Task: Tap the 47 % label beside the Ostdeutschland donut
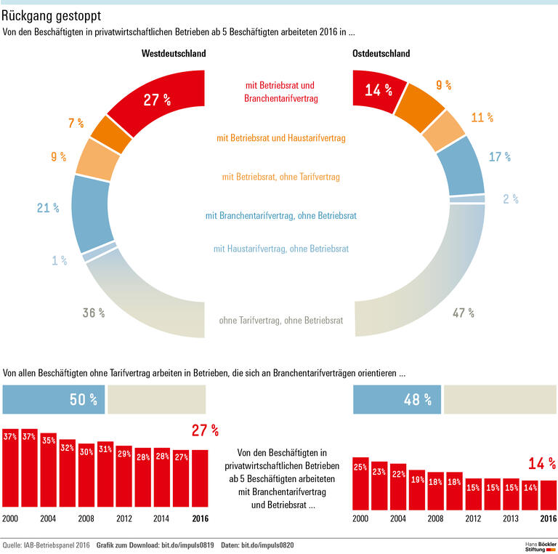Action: (463, 313)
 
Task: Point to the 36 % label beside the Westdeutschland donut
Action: (93, 313)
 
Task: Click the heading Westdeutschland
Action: (174, 54)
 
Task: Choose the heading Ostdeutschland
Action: (381, 54)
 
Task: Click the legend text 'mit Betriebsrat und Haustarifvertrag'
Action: (280, 137)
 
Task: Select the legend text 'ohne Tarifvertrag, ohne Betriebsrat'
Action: (280, 320)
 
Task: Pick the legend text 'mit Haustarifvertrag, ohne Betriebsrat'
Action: (280, 249)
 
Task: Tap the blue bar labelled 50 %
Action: (54, 399)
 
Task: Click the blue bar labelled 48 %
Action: (397, 399)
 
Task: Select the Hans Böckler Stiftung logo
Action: (540, 545)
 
